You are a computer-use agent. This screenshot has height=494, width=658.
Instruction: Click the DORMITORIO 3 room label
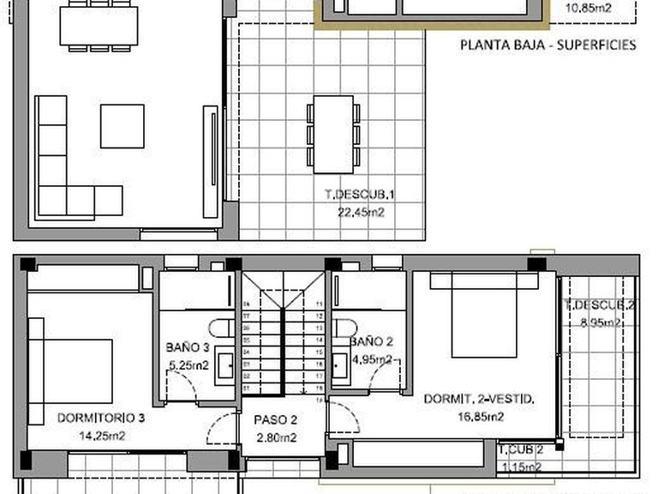pos(100,419)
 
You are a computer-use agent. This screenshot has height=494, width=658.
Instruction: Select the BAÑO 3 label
pos(188,347)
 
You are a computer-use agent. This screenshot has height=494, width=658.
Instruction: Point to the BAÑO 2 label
pos(371,341)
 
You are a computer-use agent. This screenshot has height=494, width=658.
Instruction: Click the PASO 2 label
pos(275,421)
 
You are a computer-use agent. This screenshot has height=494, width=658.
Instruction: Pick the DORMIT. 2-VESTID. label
pos(480,399)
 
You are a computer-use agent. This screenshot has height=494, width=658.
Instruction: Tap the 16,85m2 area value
pos(480,417)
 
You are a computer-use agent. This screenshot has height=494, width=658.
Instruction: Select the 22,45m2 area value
pos(360,211)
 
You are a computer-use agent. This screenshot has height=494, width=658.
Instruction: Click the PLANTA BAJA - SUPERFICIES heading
pos(548,45)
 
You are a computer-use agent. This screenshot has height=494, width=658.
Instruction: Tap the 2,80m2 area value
pos(275,438)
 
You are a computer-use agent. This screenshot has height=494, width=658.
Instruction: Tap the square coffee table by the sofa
pos(123,126)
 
